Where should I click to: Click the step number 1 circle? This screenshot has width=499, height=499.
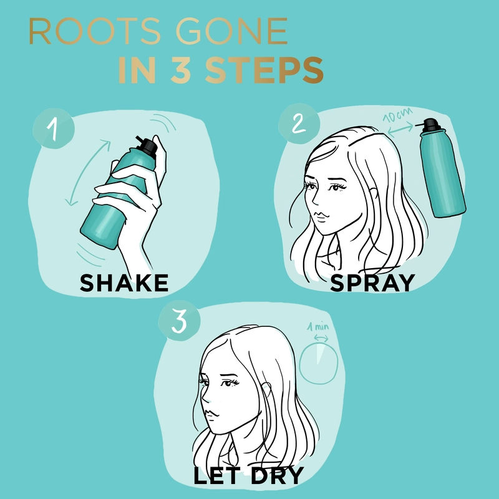point(54,129)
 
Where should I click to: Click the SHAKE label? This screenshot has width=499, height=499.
point(125,283)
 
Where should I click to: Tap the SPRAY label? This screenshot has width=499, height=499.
point(372,283)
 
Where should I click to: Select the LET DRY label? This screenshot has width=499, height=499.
point(248,476)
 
